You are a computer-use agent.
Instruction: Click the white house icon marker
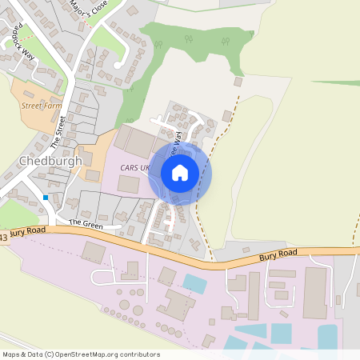[180, 173]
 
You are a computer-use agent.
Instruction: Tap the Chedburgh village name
[49, 160]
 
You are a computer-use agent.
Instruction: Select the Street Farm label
[42, 105]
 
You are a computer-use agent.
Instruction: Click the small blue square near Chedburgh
[46, 197]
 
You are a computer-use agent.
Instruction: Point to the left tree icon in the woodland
[189, 39]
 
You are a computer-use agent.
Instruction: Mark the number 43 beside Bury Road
[4, 237]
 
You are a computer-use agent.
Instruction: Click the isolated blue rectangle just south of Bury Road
[194, 282]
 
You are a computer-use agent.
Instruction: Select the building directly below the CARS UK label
[127, 184]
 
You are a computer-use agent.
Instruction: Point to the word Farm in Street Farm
[53, 105]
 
